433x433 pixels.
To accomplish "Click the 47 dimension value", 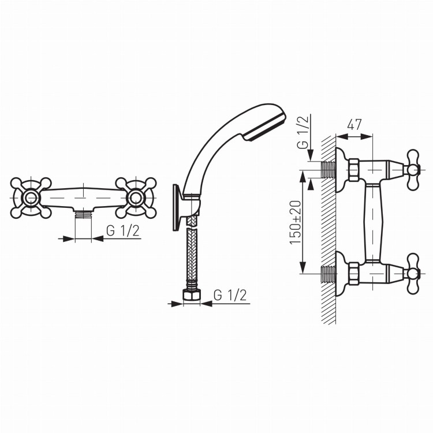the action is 354,125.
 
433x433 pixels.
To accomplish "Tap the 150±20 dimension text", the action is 296,222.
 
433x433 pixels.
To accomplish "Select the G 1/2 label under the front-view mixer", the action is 123,231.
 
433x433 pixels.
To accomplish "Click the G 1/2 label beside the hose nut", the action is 230,295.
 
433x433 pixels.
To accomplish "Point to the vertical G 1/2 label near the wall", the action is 304,132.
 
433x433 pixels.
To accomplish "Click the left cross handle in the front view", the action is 31,197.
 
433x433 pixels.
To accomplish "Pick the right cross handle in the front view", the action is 136,197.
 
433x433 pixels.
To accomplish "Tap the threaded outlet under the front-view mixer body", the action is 83,214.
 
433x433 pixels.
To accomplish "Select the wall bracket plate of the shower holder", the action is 176,207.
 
